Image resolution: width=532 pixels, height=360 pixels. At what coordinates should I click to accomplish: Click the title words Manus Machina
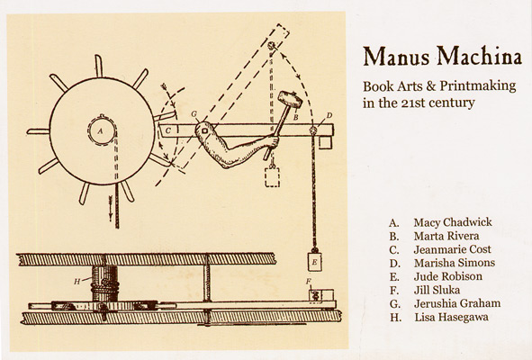442,57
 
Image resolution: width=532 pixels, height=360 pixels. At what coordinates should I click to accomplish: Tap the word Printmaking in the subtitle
478,86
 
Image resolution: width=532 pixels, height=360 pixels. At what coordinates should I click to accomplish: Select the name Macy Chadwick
453,222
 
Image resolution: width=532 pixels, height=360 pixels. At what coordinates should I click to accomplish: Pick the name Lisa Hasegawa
451,317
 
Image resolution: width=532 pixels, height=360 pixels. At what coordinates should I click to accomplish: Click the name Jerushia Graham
457,303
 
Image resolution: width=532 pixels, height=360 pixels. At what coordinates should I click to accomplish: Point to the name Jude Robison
448,276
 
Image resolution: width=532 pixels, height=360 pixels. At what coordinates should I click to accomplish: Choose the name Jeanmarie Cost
452,249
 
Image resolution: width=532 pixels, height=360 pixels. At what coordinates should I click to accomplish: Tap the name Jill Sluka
437,290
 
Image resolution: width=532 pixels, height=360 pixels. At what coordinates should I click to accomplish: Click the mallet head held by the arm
290,100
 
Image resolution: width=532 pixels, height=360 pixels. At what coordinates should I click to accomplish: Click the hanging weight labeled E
314,261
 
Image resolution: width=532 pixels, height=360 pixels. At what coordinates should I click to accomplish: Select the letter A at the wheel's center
100,130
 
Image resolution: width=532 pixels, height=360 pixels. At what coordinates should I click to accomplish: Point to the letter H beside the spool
77,282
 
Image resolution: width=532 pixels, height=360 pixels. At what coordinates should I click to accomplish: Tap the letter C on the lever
168,130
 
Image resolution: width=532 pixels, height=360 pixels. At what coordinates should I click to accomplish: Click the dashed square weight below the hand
272,176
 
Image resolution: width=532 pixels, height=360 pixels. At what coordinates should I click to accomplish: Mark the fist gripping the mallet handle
273,141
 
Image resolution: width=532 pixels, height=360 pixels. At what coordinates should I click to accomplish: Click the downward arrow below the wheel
111,208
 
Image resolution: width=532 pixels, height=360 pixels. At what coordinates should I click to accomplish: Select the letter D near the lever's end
329,116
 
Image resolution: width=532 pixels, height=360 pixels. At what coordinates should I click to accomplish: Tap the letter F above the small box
308,282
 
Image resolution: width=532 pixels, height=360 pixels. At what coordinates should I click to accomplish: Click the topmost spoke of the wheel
99,66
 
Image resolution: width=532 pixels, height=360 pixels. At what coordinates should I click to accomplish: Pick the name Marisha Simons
455,263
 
